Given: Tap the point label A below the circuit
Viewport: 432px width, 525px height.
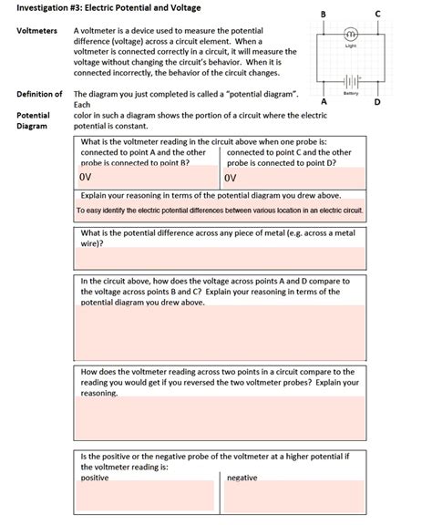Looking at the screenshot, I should coord(323,101).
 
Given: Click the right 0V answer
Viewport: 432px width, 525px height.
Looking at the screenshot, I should coord(232,177).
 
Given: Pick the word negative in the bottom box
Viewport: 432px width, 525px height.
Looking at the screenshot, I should coord(242,478).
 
